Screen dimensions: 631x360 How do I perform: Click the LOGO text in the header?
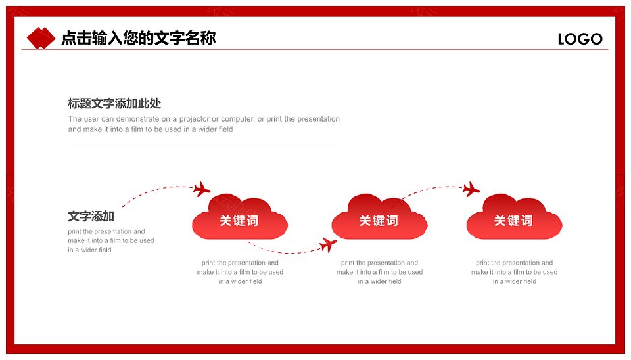(x=580, y=39)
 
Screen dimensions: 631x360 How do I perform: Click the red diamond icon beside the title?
(x=41, y=38)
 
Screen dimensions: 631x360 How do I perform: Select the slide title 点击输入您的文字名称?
(x=139, y=38)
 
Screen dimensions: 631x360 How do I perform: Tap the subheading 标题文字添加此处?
(x=114, y=103)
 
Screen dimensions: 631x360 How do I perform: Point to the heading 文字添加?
(x=91, y=216)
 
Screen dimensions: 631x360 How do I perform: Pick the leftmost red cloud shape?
(x=240, y=217)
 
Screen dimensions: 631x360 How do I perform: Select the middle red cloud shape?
(x=379, y=217)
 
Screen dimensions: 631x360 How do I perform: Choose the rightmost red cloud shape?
(x=514, y=217)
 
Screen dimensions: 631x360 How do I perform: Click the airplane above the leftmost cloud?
(x=201, y=189)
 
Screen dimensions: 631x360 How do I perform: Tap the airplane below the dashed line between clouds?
(x=328, y=244)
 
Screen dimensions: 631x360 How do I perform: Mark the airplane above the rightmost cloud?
(x=471, y=189)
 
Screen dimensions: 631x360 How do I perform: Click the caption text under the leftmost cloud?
(x=240, y=272)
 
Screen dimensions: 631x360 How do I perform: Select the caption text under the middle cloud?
(x=379, y=272)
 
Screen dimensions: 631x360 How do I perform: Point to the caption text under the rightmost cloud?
(x=514, y=272)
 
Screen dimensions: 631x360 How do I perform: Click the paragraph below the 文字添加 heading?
(x=110, y=240)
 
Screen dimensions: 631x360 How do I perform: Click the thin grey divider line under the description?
(x=203, y=143)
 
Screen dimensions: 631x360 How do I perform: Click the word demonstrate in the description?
(x=137, y=119)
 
